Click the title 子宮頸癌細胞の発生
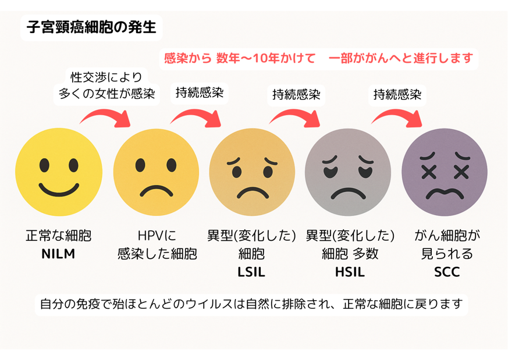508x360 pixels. click(x=91, y=27)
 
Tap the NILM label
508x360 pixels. click(x=58, y=254)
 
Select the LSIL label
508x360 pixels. click(x=251, y=272)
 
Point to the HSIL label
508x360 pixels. click(x=349, y=272)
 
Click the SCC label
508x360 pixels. click(x=447, y=272)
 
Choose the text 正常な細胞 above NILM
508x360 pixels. click(x=58, y=236)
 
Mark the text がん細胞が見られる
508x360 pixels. click(x=447, y=245)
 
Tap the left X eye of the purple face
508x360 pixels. click(x=430, y=172)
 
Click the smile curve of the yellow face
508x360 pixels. click(x=58, y=188)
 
